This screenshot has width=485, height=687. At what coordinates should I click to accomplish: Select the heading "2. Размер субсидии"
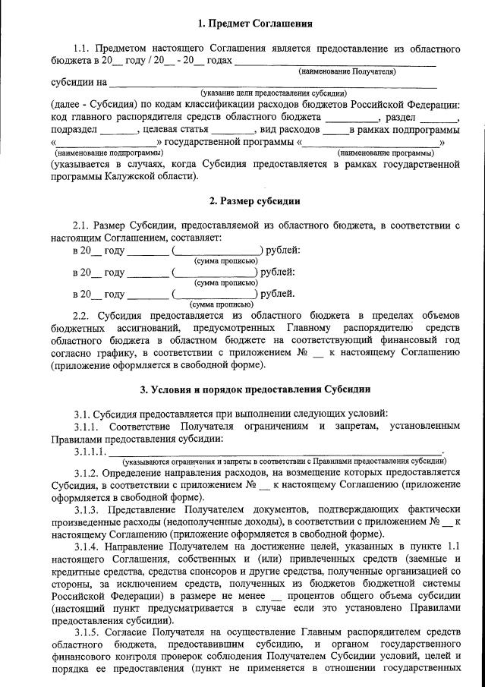click(254, 201)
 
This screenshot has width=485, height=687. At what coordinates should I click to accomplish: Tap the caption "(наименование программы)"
click(380, 153)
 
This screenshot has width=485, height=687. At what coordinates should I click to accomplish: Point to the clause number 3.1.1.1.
click(92, 452)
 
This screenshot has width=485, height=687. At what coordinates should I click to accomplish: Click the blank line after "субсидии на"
click(273, 82)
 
